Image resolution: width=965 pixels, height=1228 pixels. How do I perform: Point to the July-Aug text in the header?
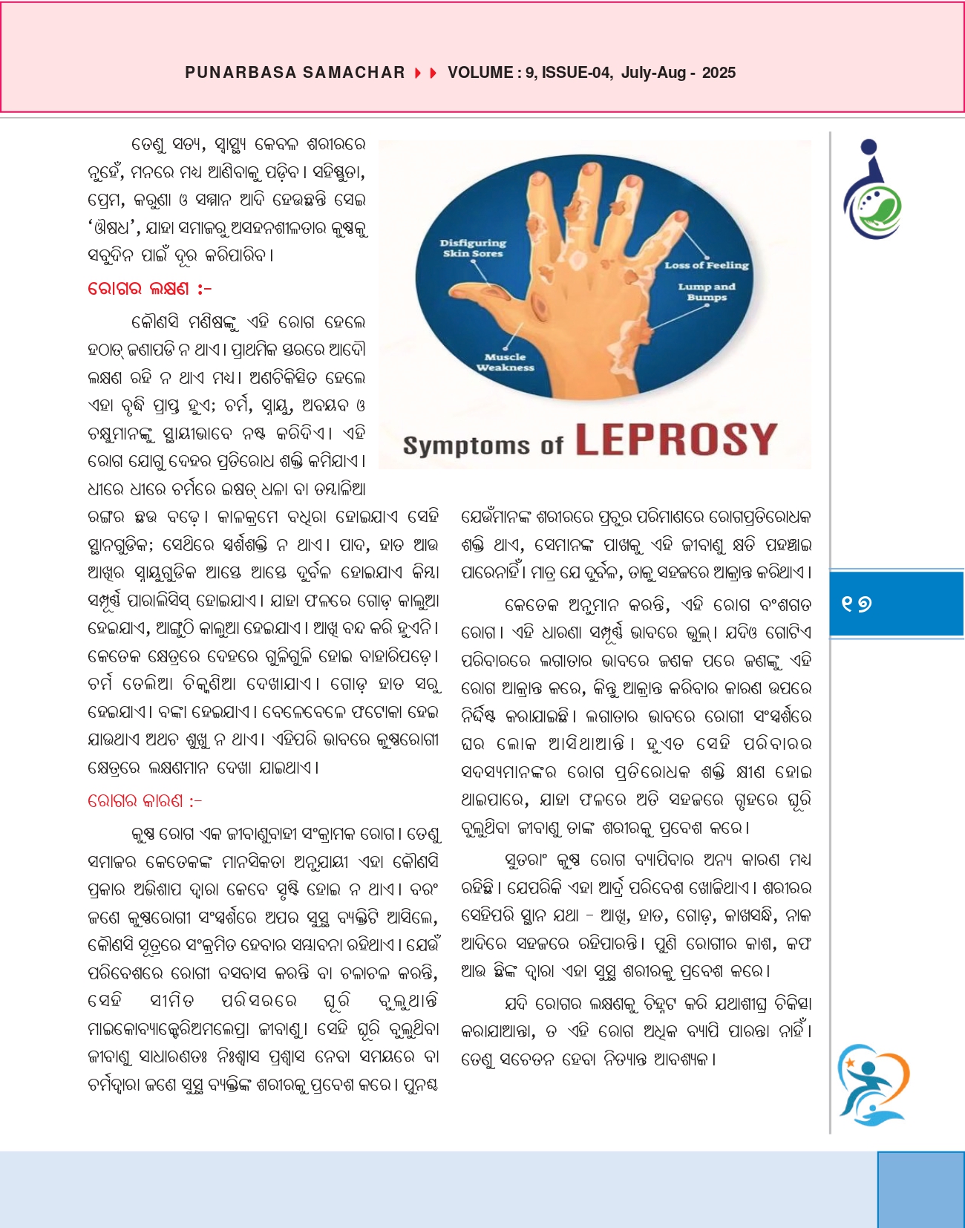tap(653, 73)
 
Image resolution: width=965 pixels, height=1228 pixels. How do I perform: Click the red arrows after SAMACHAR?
tap(425, 73)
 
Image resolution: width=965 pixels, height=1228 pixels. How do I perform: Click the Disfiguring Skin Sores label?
tap(473, 248)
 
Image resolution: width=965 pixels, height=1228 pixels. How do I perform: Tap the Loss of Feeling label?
tap(706, 265)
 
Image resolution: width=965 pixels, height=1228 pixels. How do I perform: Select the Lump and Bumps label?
tap(706, 292)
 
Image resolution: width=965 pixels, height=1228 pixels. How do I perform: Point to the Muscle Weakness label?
tap(505, 362)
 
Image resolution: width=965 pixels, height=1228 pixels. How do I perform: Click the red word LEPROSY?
tap(676, 440)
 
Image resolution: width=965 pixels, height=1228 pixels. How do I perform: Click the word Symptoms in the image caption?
tap(466, 445)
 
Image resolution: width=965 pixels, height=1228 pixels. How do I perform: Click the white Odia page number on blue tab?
tap(857, 604)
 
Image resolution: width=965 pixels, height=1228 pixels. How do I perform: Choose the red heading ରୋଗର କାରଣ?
tap(144, 801)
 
